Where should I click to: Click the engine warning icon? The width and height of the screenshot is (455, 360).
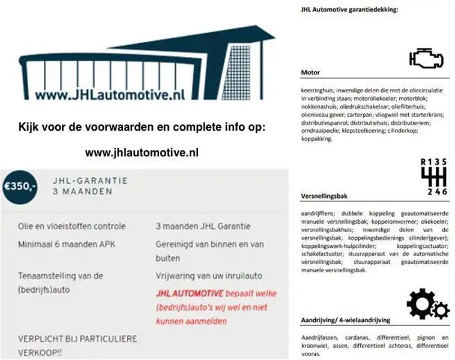(x=426, y=58)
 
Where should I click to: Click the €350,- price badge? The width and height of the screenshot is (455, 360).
(x=20, y=185)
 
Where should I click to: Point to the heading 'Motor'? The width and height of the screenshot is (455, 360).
(x=310, y=73)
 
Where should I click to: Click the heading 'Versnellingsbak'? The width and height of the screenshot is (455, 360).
(x=324, y=196)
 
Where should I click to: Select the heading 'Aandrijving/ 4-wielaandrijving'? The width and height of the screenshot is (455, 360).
(x=345, y=320)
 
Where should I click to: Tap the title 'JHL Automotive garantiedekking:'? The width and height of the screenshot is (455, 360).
(x=349, y=9)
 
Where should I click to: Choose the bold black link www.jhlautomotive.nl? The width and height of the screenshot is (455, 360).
(x=142, y=153)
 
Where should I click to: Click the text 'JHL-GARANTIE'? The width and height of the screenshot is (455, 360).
(x=90, y=180)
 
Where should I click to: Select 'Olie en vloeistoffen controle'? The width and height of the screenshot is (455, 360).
(x=72, y=226)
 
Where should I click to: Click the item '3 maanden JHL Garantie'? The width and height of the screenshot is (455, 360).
(x=202, y=226)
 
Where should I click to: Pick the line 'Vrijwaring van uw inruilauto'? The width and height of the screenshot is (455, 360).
(x=208, y=276)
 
